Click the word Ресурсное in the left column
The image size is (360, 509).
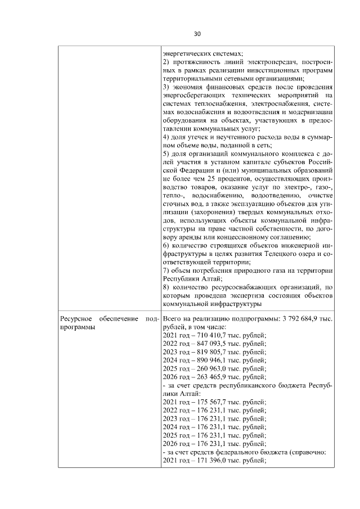77,319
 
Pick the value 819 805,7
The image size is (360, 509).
207,352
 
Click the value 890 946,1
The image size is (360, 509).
207,361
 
